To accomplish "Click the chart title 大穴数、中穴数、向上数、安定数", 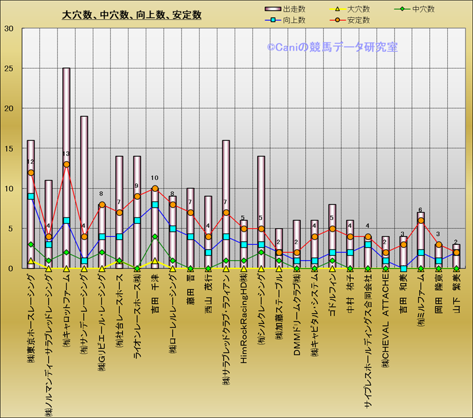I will tap(132, 15).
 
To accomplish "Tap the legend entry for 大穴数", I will tap(358, 9).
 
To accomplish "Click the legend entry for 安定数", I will tap(358, 20).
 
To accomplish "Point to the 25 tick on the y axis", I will tap(9, 69).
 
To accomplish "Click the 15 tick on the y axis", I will tap(9, 148).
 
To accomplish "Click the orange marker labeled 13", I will tap(66, 164).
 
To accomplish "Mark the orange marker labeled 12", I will tap(30, 173).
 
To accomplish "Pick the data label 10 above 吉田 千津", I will tap(154, 178).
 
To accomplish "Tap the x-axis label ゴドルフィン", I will tap(333, 296).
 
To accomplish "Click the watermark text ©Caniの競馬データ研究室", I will tap(332, 47).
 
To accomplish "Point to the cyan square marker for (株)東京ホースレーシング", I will tap(30, 197).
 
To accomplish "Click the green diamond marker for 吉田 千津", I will tap(155, 237).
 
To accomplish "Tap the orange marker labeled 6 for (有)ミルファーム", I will tap(421, 221).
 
